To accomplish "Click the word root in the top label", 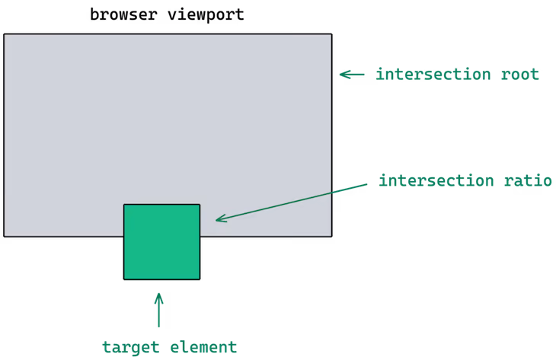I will pyautogui.click(x=519, y=75).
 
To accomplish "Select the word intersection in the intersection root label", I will pyautogui.click(x=433, y=75).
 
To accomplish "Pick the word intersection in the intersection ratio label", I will pyautogui.click(x=436, y=181).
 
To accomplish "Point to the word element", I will pyautogui.click(x=199, y=347).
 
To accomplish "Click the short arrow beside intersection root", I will pyautogui.click(x=352, y=75).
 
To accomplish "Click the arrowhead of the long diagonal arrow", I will pyautogui.click(x=218, y=220).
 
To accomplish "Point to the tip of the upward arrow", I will pyautogui.click(x=158, y=293).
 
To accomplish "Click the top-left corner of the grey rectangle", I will pyautogui.click(x=4, y=34).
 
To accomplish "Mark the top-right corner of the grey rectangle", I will pyautogui.click(x=331, y=34).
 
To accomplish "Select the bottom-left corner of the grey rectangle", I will pyautogui.click(x=4, y=236).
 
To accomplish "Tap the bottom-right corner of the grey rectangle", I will pyautogui.click(x=331, y=236).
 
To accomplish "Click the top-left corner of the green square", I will pyautogui.click(x=124, y=205).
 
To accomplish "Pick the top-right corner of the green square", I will pyautogui.click(x=200, y=205).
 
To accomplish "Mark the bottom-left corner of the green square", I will pyautogui.click(x=124, y=279).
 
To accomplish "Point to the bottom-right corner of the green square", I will pyautogui.click(x=200, y=279).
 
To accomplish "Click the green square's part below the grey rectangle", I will pyautogui.click(x=161, y=258).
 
